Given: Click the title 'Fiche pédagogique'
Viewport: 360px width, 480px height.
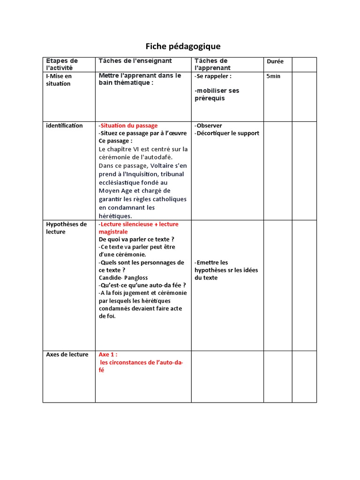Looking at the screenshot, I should click(182, 46).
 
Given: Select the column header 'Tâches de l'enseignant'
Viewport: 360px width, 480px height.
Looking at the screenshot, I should click(135, 61).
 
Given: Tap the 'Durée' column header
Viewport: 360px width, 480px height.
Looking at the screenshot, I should click(275, 61).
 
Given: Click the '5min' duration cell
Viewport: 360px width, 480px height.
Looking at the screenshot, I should click(273, 76).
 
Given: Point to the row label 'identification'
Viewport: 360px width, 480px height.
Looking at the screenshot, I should click(64, 126).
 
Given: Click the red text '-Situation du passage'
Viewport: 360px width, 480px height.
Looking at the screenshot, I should click(128, 126).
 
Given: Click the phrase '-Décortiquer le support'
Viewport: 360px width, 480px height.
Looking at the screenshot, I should click(227, 133).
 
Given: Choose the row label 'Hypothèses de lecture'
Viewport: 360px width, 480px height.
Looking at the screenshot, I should click(66, 228).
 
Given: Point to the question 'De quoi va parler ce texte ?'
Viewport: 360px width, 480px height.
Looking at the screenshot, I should click(136, 239).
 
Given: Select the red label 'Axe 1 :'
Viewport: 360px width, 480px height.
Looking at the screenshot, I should click(108, 354).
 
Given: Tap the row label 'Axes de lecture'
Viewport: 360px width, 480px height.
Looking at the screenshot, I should click(67, 354).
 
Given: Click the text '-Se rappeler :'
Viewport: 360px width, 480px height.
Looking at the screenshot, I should click(213, 76).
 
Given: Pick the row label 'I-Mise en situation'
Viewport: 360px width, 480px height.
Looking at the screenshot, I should click(59, 80).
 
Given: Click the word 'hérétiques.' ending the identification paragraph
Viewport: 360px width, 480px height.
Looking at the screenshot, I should click(115, 216).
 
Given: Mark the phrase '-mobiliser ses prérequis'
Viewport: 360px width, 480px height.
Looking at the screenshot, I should click(217, 94).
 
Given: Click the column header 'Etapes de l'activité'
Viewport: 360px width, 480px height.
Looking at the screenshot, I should click(62, 64).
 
